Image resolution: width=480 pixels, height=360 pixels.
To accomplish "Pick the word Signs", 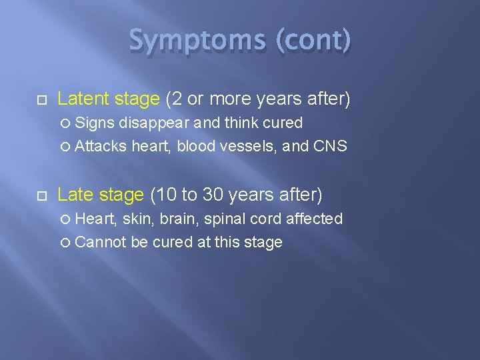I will pyautogui.click(x=95, y=123).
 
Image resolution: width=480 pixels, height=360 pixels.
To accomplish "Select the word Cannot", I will pyautogui.click(x=101, y=242).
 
